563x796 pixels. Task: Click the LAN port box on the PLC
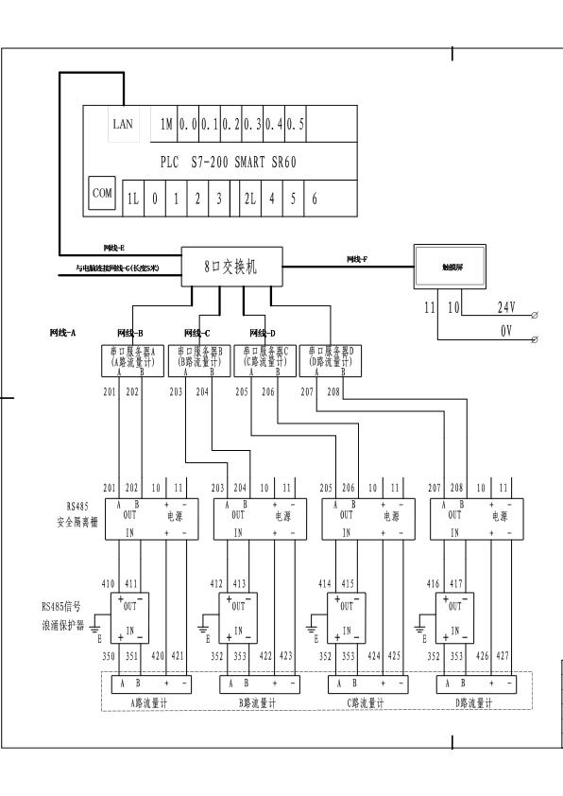tap(124, 124)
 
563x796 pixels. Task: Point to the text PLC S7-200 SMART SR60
tap(229, 163)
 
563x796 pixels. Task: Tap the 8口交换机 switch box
tap(230, 268)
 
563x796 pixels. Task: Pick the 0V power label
tap(506, 332)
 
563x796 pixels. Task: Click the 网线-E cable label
tap(114, 248)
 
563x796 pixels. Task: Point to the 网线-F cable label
tap(357, 258)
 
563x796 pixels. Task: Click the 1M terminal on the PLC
tap(166, 124)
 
